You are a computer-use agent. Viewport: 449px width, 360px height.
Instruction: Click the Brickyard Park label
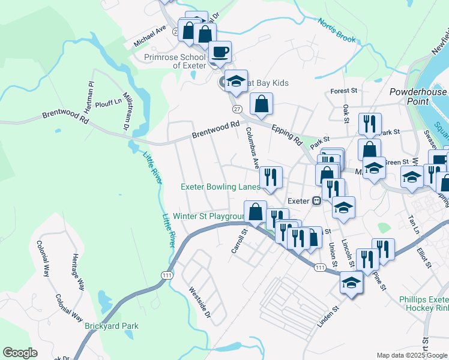pos(112,326)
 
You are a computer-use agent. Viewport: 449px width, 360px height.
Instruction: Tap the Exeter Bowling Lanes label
pos(221,187)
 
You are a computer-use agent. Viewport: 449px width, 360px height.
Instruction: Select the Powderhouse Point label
pos(418,97)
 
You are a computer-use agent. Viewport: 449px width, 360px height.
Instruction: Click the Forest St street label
pos(344,91)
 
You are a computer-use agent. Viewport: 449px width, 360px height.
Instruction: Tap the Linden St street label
pos(328,316)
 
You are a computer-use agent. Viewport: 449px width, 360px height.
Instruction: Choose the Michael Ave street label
pos(150,37)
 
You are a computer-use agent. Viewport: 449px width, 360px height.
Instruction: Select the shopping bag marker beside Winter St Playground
pos(255,212)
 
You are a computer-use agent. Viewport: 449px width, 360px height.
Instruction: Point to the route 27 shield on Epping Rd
pos(237,109)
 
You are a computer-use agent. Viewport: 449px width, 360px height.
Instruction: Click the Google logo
pos(20,353)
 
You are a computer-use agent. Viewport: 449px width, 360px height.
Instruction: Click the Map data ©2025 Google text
pos(411,355)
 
